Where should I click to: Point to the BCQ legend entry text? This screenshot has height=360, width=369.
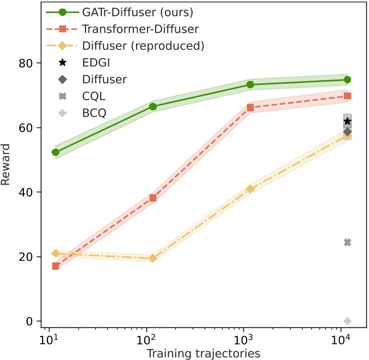[93, 113]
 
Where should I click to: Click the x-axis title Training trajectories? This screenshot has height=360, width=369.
[202, 353]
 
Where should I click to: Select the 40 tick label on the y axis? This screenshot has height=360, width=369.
[28, 192]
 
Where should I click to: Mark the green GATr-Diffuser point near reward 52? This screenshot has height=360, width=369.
[56, 152]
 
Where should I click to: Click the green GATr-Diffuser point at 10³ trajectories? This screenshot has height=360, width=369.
[250, 84]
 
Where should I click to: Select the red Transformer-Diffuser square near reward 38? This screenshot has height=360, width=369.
[153, 198]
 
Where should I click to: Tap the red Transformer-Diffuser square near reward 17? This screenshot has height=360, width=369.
[56, 266]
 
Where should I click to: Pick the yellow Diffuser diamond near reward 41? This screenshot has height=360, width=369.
[250, 189]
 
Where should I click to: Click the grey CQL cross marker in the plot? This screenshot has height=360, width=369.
[347, 242]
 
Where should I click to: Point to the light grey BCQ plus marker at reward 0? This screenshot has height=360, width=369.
[347, 321]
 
